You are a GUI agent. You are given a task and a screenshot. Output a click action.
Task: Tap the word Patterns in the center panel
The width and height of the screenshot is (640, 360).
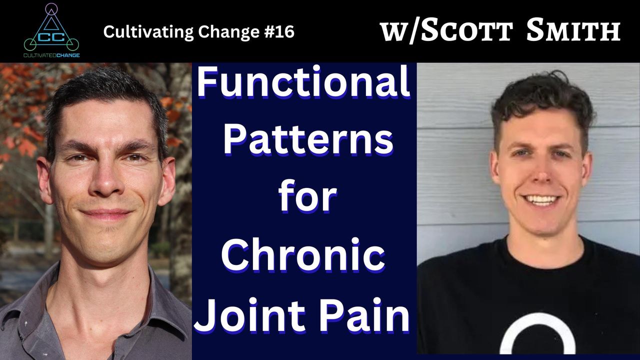coord(308,140)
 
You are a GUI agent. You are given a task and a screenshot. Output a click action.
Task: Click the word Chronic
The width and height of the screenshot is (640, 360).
coord(303,254)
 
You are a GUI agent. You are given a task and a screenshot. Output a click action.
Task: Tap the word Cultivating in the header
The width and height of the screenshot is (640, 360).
coord(148,32)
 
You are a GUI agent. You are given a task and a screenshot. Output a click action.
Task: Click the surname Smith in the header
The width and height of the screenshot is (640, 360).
coord(573,29)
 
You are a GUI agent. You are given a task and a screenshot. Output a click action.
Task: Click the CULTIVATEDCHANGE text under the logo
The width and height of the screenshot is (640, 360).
coord(51,55)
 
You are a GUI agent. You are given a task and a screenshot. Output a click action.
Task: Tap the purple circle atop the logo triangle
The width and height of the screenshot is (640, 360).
coord(51,9)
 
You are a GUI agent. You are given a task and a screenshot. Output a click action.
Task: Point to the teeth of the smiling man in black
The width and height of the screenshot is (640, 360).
coord(540,199)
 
